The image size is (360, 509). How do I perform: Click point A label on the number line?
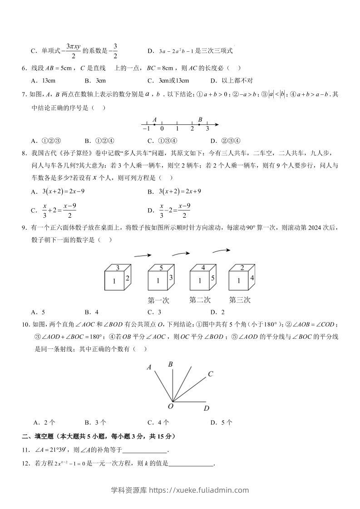(155, 120)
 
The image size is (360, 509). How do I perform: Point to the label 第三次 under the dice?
(239, 300)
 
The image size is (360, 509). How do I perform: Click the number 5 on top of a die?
(161, 268)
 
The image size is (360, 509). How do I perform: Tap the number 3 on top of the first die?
(118, 268)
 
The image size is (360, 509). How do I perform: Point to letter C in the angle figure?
(211, 374)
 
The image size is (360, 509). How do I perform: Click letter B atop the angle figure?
(171, 364)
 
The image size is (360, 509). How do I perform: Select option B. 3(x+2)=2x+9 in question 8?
(174, 191)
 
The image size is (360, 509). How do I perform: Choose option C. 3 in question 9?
(154, 312)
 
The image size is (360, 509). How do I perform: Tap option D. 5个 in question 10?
(222, 422)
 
